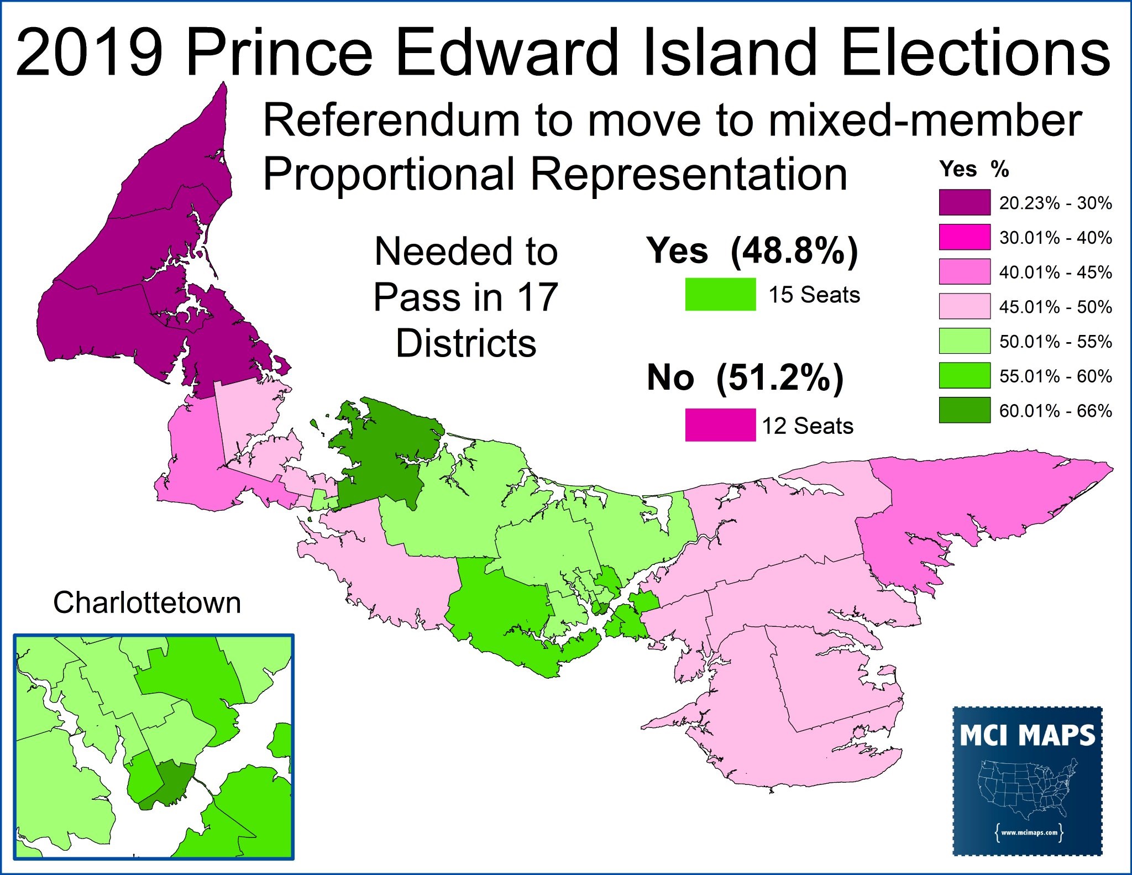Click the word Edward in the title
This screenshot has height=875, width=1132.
(x=507, y=53)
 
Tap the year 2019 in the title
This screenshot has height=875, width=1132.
(x=90, y=53)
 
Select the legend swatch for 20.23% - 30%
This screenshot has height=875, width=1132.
(x=965, y=202)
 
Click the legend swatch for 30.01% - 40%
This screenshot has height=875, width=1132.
(x=965, y=237)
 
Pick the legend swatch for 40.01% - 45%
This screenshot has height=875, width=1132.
(x=965, y=272)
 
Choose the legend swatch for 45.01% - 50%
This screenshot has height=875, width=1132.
(x=965, y=306)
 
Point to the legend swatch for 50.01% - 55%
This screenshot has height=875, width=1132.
(x=965, y=341)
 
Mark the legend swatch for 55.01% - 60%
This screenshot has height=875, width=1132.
(x=965, y=376)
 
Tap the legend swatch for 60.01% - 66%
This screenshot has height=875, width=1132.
(x=965, y=410)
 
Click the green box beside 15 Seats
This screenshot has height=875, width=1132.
(x=720, y=294)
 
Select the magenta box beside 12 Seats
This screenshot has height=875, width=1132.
(x=720, y=425)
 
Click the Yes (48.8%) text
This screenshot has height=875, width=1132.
(x=752, y=252)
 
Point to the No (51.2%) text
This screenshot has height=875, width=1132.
(x=745, y=378)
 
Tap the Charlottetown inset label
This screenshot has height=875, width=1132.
(x=147, y=602)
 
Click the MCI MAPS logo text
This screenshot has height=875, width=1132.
(x=1027, y=736)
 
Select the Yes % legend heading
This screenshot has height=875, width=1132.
(x=974, y=169)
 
